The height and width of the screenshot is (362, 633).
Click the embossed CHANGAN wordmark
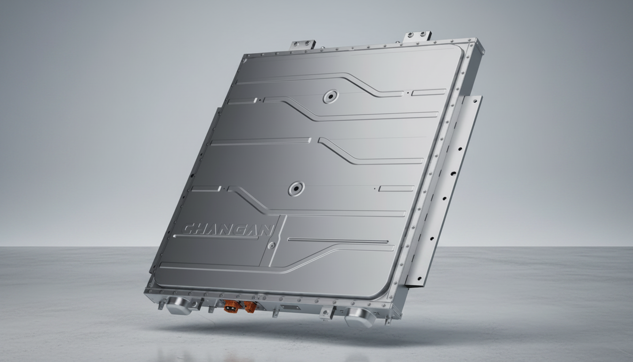coord(228,230)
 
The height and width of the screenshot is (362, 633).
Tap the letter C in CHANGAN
coord(188,229)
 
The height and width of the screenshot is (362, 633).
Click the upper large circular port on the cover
coord(331,96)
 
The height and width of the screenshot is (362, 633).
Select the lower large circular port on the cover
coord(296,189)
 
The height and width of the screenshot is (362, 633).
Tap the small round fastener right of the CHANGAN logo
coord(272,246)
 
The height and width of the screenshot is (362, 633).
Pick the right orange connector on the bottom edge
coord(251,307)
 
